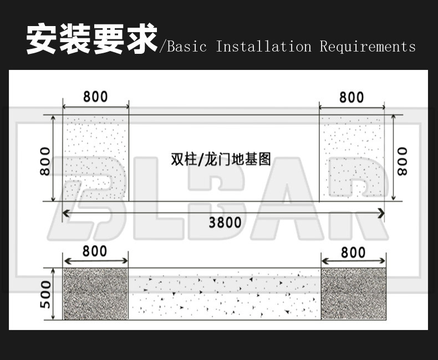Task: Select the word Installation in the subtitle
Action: [x=263, y=47]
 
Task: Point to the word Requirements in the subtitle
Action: [x=368, y=47]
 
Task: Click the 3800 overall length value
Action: [x=225, y=222]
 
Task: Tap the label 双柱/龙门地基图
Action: [x=221, y=160]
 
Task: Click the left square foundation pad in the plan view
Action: [x=96, y=158]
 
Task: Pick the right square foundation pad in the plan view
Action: [x=352, y=158]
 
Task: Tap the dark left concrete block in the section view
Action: [x=96, y=294]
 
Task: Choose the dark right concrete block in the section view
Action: [x=353, y=294]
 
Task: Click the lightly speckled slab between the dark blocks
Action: [x=225, y=294]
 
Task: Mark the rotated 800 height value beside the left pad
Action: [x=45, y=161]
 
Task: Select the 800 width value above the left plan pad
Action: [x=95, y=97]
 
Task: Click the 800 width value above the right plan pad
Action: [x=352, y=97]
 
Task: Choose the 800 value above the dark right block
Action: [x=353, y=252]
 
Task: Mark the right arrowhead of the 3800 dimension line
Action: [x=381, y=212]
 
